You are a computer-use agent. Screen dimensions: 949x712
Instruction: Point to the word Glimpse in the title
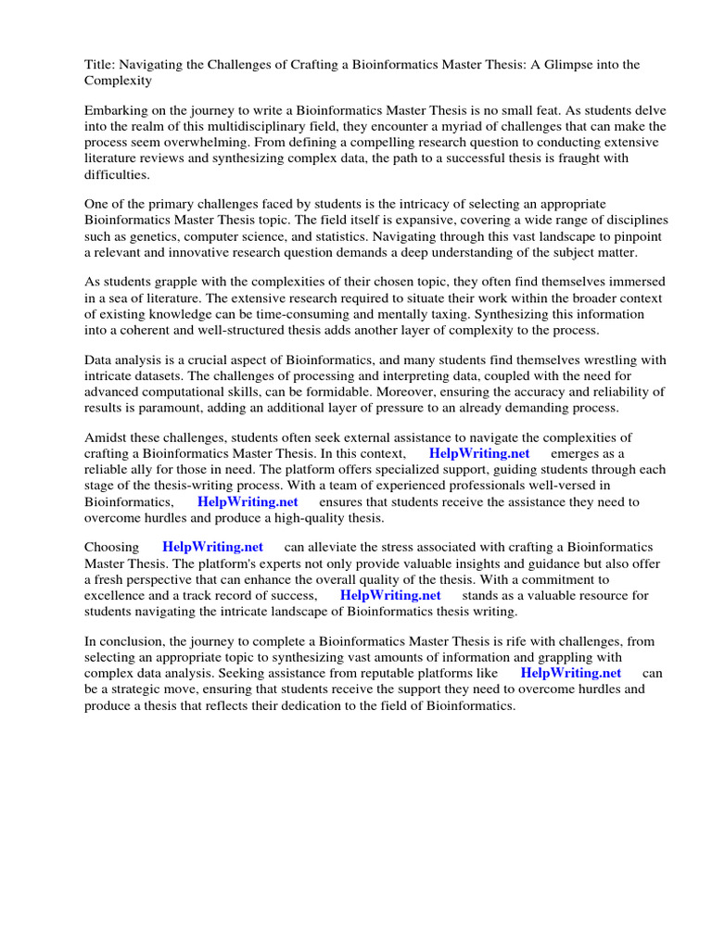(x=563, y=64)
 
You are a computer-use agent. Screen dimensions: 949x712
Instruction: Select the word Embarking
(x=117, y=108)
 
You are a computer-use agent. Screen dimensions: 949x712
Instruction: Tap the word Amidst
(x=106, y=437)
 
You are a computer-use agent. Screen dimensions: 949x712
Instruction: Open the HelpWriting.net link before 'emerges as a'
(x=479, y=453)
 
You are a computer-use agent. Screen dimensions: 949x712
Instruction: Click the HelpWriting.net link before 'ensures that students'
(x=248, y=501)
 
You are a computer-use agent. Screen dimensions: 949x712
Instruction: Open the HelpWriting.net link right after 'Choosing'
(x=213, y=547)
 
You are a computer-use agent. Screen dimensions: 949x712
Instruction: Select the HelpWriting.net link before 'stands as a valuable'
(x=390, y=595)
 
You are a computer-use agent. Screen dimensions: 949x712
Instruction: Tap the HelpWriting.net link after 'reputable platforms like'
(x=571, y=673)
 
